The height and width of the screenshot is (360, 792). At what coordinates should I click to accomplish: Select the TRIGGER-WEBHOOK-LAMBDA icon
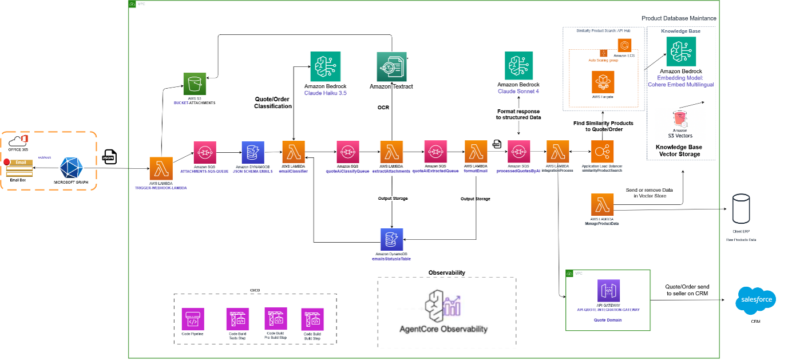[x=161, y=168]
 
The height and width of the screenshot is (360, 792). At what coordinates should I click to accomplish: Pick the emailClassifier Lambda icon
[x=294, y=152]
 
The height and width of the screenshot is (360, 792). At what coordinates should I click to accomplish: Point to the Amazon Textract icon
[x=391, y=66]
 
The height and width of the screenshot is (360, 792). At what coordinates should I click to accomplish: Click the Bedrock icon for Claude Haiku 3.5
[x=325, y=66]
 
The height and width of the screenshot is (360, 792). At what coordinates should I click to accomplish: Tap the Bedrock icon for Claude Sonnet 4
[x=519, y=66]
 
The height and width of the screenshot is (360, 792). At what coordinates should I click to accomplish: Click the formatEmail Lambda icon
[x=476, y=152]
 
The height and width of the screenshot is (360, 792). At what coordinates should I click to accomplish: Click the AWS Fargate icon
[x=603, y=82]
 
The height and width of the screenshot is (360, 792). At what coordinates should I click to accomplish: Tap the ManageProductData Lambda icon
[x=602, y=205]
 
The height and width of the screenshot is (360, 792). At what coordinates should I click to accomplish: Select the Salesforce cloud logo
[x=756, y=300]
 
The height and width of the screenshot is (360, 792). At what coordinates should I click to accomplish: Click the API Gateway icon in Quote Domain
[x=608, y=291]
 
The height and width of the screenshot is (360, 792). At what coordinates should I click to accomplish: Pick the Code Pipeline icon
[x=193, y=319]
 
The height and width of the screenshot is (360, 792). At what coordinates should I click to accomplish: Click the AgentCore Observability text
[x=443, y=329]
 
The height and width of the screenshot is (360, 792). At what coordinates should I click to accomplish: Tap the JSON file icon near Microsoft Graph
[x=109, y=156]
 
